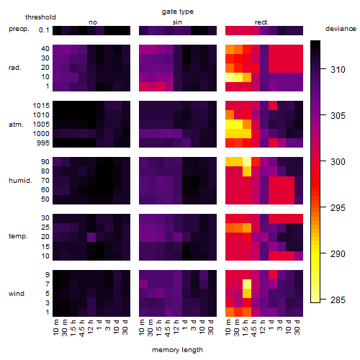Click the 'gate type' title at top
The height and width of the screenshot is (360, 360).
coord(178,12)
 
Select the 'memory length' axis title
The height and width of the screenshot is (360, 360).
coord(177,350)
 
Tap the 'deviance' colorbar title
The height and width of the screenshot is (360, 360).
coord(341,29)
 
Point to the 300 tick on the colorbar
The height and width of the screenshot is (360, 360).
coord(323,161)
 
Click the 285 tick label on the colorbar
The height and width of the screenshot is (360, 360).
coord(338,300)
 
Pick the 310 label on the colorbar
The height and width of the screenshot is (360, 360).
coord(338,70)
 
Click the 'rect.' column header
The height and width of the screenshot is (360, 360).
coord(262,22)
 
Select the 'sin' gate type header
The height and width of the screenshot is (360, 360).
coord(177,22)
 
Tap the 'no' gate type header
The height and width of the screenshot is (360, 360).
coord(93,22)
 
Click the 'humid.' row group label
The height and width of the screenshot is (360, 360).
coord(20,181)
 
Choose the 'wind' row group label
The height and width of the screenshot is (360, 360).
coord(17,294)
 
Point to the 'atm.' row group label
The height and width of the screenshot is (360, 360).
coord(16,125)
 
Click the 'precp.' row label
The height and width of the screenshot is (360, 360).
coord(19,29)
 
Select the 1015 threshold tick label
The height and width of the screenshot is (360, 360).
coord(41,106)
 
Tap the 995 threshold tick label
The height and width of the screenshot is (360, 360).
coord(43,143)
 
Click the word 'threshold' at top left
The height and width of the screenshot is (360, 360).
coord(40,17)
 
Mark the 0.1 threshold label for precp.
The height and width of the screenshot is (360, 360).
coord(44,30)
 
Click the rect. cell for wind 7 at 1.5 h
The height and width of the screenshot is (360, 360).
coord(247,284)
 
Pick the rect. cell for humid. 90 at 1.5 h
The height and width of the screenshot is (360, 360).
coord(247,162)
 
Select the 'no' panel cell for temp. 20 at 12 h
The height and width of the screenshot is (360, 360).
coord(91,237)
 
